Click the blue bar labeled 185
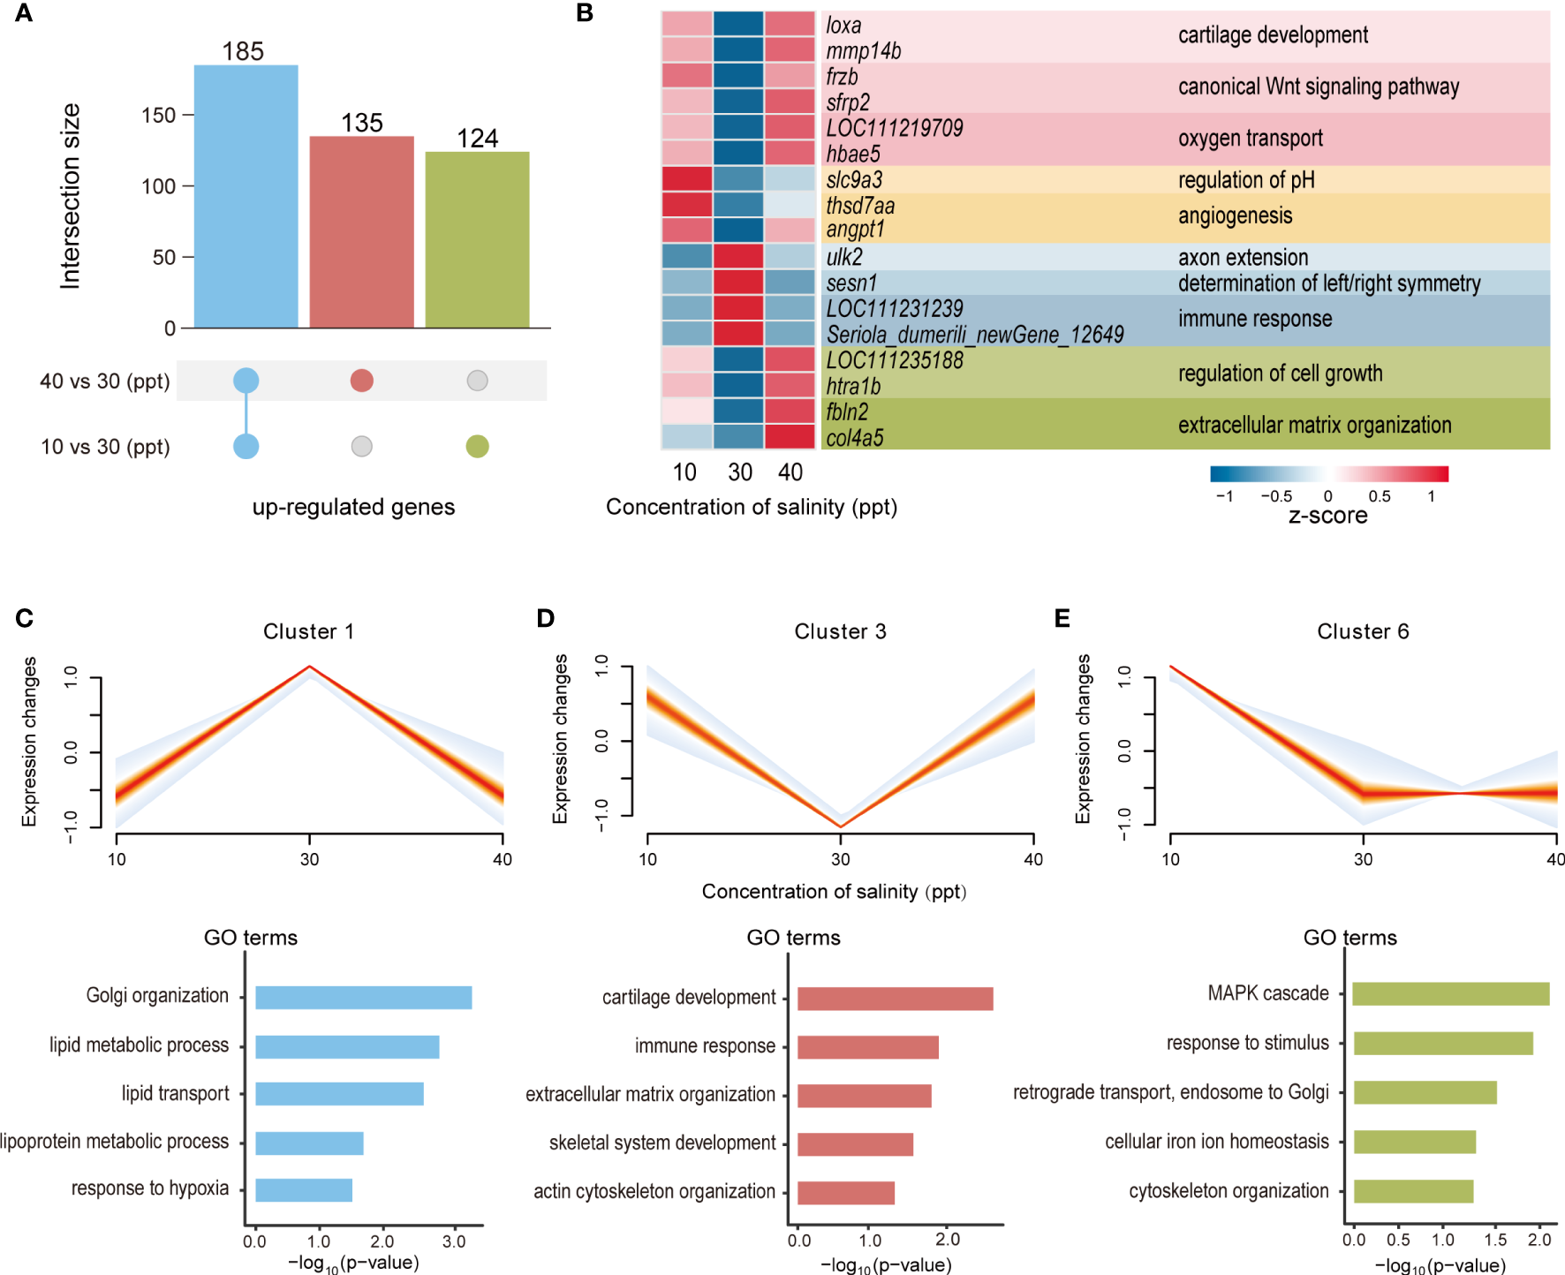pyautogui.click(x=246, y=196)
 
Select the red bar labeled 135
pyautogui.click(x=361, y=231)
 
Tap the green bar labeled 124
pyautogui.click(x=477, y=239)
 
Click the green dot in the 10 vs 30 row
pyautogui.click(x=477, y=447)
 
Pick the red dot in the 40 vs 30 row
pyautogui.click(x=361, y=381)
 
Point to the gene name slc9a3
pyautogui.click(x=854, y=180)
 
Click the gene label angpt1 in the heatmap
pyautogui.click(x=855, y=230)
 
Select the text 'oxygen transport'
pyautogui.click(x=1250, y=139)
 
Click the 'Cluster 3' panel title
pyautogui.click(x=840, y=631)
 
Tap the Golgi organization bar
pyautogui.click(x=363, y=998)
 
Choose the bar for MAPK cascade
pyautogui.click(x=1450, y=994)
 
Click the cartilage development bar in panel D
pyautogui.click(x=895, y=999)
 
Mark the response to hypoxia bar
pyautogui.click(x=304, y=1190)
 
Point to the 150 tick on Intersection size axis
pyautogui.click(x=159, y=116)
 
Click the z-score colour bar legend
pyautogui.click(x=1328, y=474)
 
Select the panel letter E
pyautogui.click(x=1062, y=618)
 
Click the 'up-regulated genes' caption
pyautogui.click(x=353, y=507)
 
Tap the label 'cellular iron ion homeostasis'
pyautogui.click(x=1216, y=1142)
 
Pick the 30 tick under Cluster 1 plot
pyautogui.click(x=309, y=859)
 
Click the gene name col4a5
pyautogui.click(x=855, y=438)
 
